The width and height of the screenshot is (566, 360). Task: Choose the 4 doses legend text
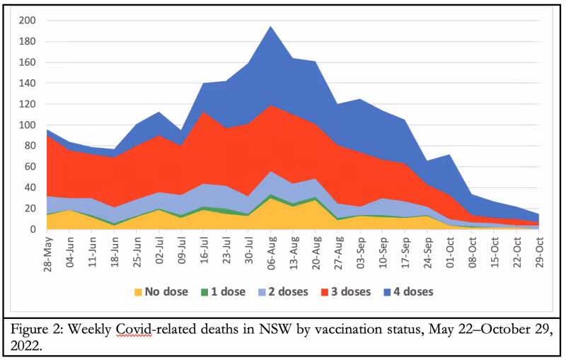[x=410, y=291]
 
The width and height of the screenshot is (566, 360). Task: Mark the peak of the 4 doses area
[x=270, y=27]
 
